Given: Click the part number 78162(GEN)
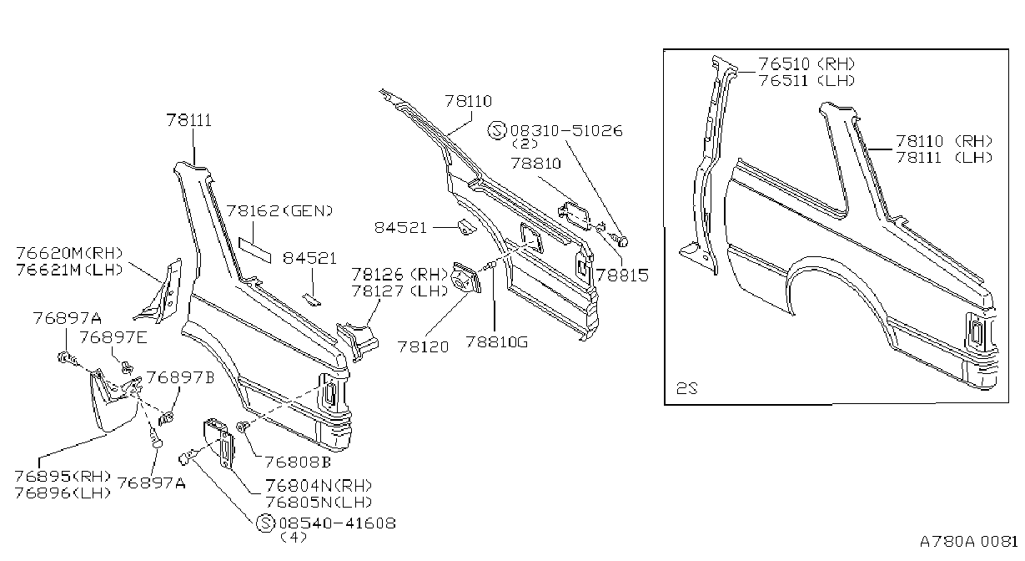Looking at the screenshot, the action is tap(279, 210).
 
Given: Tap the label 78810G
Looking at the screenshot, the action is tap(497, 341).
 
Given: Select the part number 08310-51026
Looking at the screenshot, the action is tap(566, 130).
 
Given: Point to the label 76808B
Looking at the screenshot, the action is tap(298, 462).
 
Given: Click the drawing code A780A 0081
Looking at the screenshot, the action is tap(969, 541).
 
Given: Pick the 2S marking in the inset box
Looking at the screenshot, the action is tap(687, 388).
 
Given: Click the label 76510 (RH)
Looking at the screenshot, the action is tap(806, 63).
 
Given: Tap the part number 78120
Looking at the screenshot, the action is tap(424, 346).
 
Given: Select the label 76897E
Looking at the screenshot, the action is tap(113, 337).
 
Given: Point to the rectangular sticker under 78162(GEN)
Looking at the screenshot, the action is tap(254, 250).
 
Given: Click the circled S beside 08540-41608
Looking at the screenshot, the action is tap(265, 523).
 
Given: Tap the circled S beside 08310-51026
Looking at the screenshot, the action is tap(497, 130).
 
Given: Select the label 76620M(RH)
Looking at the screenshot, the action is tap(69, 253).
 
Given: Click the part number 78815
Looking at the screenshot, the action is tap(622, 275).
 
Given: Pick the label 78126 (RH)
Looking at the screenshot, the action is tap(399, 275).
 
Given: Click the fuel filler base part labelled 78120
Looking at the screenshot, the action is tap(466, 277).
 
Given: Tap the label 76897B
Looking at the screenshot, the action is tap(180, 377).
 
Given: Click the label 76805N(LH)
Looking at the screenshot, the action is tap(319, 503).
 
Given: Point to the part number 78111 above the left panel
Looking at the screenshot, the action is tap(189, 120).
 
